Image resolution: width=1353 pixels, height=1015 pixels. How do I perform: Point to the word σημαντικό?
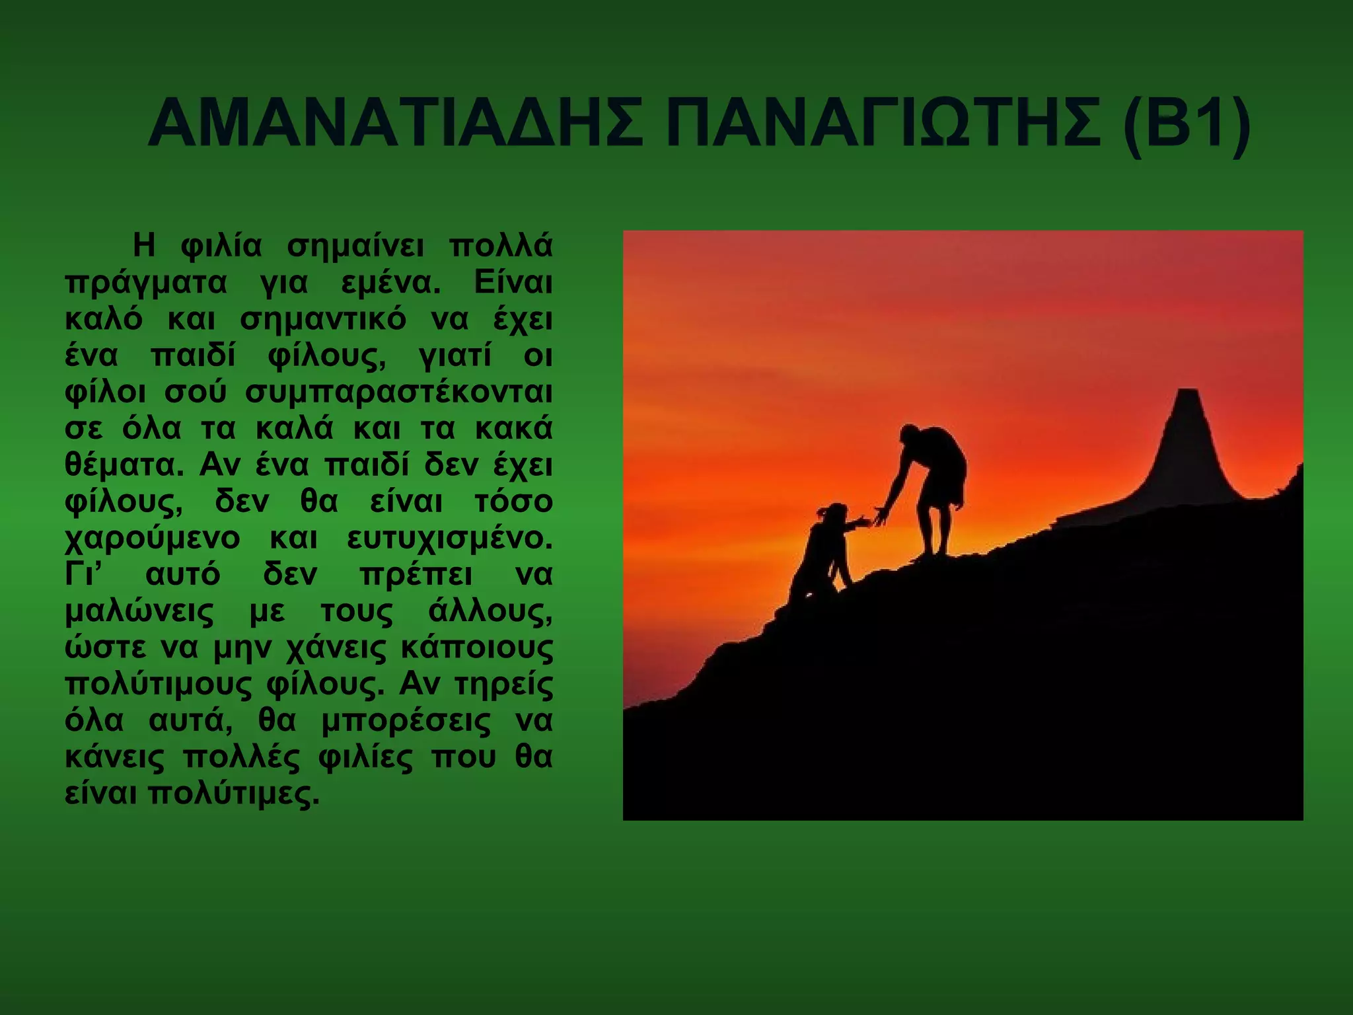point(322,320)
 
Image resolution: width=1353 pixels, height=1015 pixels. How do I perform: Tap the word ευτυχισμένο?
point(449,539)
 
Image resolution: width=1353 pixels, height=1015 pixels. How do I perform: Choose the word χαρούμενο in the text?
point(153,539)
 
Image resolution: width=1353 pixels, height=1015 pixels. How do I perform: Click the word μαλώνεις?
point(139,612)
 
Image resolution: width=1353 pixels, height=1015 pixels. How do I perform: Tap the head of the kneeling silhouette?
point(836,513)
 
